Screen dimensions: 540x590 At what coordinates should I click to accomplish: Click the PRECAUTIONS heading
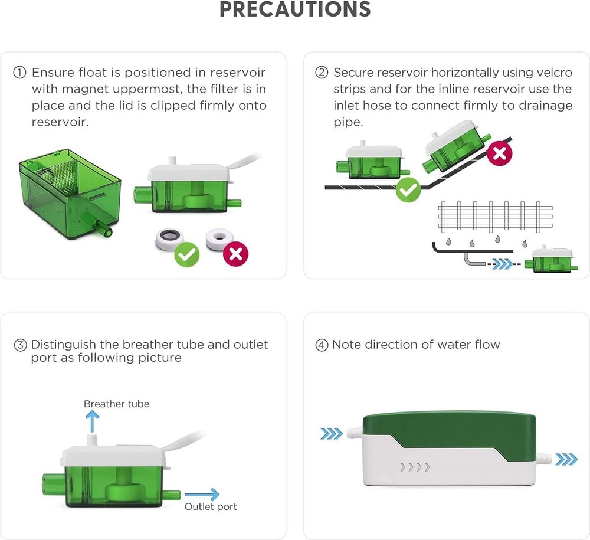(295, 9)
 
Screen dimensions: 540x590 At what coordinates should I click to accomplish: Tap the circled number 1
(19, 73)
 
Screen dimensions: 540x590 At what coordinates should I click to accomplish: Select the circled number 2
(322, 73)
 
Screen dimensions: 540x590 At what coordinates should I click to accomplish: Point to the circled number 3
(20, 345)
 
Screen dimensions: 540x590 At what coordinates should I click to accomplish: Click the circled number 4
(322, 345)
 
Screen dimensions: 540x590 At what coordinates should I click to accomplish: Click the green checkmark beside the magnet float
(187, 254)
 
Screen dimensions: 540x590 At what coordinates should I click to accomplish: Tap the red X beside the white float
(236, 254)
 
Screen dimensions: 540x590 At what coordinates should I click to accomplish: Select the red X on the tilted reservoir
(499, 154)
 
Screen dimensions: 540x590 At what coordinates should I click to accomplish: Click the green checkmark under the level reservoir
(408, 190)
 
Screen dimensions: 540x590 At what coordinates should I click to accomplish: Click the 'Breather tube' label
(116, 404)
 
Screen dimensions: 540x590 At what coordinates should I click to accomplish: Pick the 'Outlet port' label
(211, 507)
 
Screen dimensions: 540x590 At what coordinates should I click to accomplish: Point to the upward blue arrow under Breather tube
(92, 423)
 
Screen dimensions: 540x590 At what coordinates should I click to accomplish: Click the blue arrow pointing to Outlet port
(202, 495)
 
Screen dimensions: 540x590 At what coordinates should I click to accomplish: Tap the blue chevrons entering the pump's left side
(331, 434)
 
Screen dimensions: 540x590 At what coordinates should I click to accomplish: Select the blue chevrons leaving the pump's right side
(566, 459)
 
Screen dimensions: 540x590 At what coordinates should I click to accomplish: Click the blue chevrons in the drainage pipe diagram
(503, 265)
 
